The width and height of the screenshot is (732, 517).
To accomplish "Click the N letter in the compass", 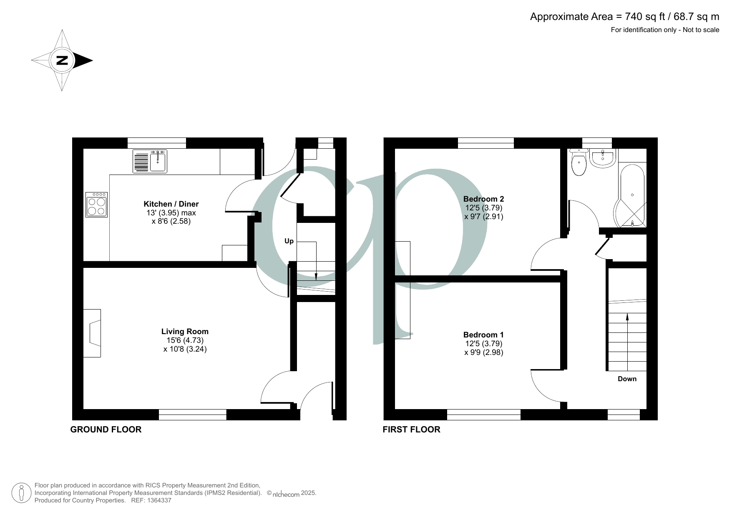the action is click(62, 60).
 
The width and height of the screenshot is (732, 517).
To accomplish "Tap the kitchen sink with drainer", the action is click(150, 161).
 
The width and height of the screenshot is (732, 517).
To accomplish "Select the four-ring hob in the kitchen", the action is click(96, 205).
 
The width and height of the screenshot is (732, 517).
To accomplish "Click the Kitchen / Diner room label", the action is click(171, 204).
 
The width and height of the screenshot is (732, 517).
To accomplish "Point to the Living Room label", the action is click(185, 332).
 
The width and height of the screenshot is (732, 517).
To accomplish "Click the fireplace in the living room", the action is click(92, 333).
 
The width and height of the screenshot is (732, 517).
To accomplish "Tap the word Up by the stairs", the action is click(289, 241).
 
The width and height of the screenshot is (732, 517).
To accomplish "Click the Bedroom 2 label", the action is click(483, 199).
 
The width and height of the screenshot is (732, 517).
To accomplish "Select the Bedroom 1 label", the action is click(483, 335).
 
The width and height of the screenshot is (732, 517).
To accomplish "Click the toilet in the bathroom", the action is click(579, 163).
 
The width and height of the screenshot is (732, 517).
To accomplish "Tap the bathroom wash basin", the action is click(603, 158).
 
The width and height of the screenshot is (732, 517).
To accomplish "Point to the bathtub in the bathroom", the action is click(632, 196).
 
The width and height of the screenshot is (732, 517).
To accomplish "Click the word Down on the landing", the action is click(627, 379).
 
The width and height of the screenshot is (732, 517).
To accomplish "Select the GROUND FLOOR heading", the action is click(106, 430).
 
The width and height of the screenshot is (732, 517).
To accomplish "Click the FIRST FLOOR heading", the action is click(411, 430).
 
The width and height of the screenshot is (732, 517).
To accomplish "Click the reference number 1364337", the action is click(158, 500).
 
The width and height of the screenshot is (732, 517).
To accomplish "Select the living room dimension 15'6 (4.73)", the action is click(185, 340).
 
